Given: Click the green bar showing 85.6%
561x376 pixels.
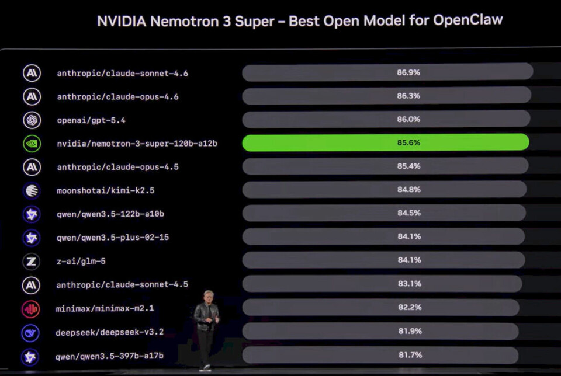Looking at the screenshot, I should [386, 142].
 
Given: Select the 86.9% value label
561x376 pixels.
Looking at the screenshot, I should [408, 73].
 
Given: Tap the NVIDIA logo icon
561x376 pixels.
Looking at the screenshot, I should [32, 144].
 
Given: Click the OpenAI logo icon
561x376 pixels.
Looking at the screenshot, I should [32, 120].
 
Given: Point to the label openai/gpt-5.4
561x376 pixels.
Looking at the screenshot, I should [91, 120].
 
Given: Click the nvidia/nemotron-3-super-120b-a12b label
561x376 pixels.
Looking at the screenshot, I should [137, 143].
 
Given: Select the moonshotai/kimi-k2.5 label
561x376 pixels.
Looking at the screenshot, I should [106, 190].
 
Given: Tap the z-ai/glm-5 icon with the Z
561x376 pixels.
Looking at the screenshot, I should [32, 261].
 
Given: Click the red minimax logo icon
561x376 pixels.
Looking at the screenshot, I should [32, 308].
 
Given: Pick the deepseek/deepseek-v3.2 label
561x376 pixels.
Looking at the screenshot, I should [110, 332].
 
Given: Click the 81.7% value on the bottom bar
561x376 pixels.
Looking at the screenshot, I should [410, 355].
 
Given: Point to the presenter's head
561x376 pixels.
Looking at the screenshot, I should [209, 296].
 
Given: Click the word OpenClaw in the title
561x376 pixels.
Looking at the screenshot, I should [467, 20].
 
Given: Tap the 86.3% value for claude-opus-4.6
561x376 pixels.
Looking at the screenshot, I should [408, 96].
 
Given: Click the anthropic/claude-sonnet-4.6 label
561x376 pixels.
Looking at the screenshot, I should [122, 74].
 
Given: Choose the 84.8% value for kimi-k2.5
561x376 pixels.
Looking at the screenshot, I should [409, 190].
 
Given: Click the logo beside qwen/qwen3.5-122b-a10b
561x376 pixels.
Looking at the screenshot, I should [32, 214].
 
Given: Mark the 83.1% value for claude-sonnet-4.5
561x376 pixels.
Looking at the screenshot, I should [409, 284].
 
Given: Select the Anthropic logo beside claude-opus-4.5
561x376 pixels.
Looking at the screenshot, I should [32, 167].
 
